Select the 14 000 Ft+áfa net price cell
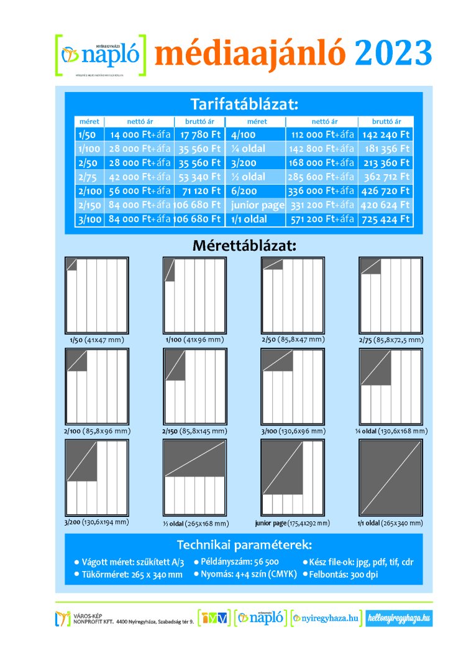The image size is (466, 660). pos(140,134)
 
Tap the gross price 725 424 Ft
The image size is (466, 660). pos(386,219)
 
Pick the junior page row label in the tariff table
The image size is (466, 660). pos(257,205)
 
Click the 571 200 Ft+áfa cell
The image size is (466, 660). pos(321,219)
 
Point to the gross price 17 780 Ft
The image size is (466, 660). pos(200,134)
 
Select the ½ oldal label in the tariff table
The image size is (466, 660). pos(248,177)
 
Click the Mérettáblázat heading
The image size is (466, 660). pos(244,245)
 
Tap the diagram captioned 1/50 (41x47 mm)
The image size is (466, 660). pos(96,295)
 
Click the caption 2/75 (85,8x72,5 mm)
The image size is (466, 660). pos(391,340)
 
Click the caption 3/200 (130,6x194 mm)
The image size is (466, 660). pos(96,522)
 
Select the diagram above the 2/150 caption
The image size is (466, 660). pos(194,386)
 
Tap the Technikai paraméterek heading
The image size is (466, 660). pos(244,546)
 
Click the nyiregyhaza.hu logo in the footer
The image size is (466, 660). pos(326,618)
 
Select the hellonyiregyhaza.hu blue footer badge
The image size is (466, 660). pos(399,618)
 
